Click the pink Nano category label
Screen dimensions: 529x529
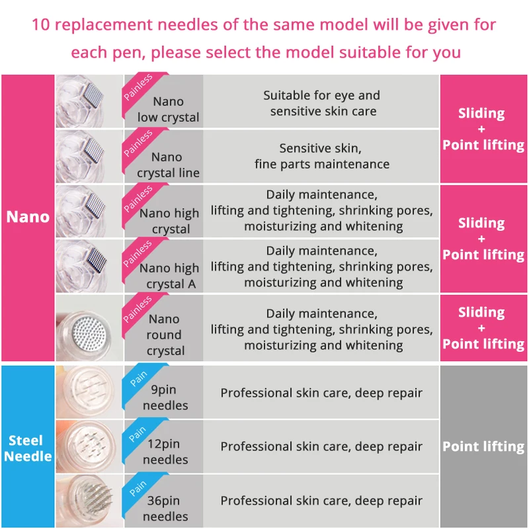[x=27, y=217]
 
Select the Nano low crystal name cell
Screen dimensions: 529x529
[x=168, y=110]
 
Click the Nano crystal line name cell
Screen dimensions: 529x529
[x=168, y=165]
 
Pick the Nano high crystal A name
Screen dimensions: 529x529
[x=169, y=276]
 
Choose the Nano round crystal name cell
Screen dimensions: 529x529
[x=165, y=335]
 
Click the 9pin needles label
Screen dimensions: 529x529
[x=165, y=397]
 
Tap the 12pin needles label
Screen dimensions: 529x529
[x=165, y=452]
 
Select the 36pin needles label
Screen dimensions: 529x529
[x=165, y=508]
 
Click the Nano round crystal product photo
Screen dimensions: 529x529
[x=89, y=328]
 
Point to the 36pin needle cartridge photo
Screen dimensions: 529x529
[x=89, y=501]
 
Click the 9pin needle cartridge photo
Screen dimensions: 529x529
[x=89, y=391]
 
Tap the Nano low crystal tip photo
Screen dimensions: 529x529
[x=89, y=101]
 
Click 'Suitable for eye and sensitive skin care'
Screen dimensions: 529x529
[x=322, y=103]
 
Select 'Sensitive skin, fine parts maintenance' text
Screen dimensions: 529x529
[x=321, y=156]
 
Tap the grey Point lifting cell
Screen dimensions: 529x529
[x=483, y=446]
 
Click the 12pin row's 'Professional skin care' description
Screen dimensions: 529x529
[x=321, y=446]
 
